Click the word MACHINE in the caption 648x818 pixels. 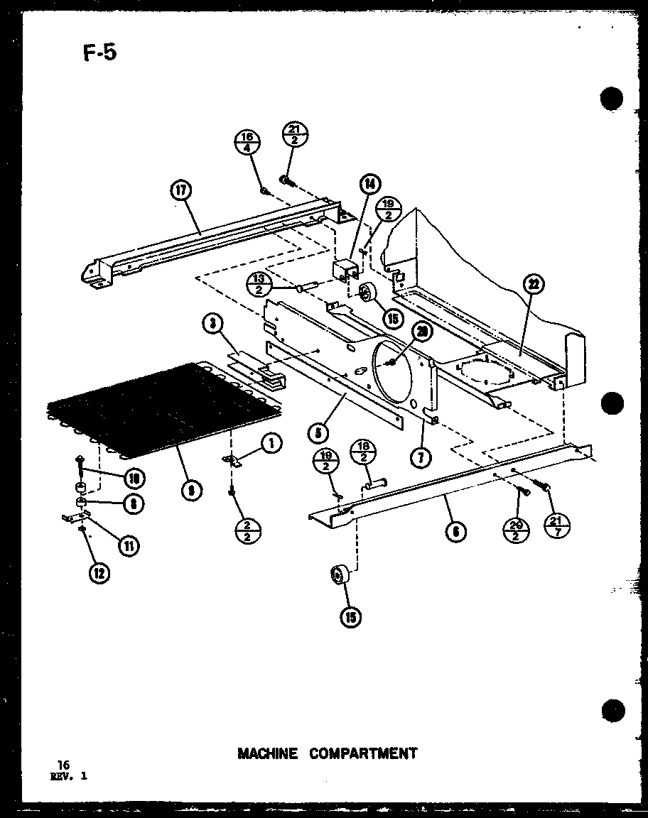pos(267,753)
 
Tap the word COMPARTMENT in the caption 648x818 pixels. pos(363,753)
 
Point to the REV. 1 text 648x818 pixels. pos(68,776)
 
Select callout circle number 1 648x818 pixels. pos(270,444)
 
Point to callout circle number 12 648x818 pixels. pos(101,573)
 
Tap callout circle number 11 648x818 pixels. pos(129,545)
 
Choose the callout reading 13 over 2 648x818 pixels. pos(258,285)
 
